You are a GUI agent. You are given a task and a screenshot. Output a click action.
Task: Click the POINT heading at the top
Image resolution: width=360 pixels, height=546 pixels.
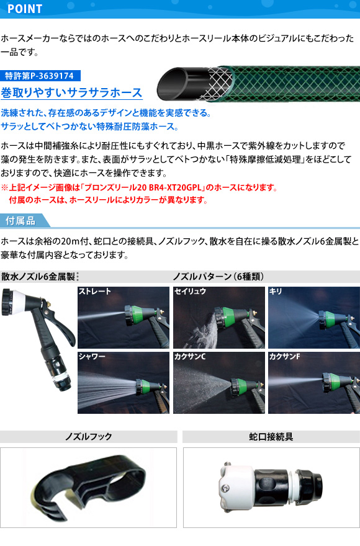tap(25, 9)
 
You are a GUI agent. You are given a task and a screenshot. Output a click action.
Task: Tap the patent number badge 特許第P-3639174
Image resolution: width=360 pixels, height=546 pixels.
tap(40, 76)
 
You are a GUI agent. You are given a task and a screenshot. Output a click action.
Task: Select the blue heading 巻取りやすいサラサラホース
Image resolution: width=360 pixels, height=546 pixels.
tap(71, 92)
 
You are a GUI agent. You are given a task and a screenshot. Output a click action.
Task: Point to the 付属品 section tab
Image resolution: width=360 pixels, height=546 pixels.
tap(21, 220)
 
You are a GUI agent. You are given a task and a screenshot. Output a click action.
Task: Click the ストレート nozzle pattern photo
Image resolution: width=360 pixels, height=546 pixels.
tap(124, 317)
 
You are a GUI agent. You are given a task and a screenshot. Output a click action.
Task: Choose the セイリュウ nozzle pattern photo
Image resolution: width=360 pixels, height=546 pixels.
tap(219, 317)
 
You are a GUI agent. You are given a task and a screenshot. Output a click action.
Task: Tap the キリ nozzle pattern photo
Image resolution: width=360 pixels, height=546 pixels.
tap(314, 317)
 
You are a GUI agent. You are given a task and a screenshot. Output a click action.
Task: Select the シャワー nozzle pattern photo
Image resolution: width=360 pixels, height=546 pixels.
tap(124, 383)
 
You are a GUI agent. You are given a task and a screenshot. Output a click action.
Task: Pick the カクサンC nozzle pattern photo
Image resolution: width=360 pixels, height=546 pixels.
tap(219, 383)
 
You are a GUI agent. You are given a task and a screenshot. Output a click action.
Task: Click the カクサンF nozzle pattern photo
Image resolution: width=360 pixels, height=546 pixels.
tap(314, 383)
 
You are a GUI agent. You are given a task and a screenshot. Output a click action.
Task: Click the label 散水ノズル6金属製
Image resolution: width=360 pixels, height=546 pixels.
tap(38, 277)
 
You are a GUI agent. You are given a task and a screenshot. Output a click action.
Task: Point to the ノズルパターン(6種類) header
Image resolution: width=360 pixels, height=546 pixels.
tap(218, 277)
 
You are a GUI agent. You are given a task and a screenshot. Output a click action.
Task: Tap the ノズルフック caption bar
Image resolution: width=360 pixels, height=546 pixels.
tap(89, 437)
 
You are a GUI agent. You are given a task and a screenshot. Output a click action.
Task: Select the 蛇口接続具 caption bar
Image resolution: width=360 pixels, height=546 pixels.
tap(271, 437)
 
